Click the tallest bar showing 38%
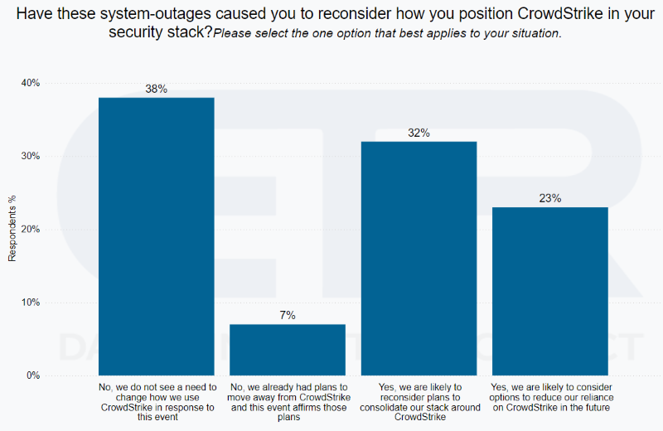[156, 236]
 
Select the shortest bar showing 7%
[288, 349]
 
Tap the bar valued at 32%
[419, 258]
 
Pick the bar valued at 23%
[549, 291]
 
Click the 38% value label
[156, 89]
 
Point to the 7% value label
[288, 315]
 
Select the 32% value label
[419, 133]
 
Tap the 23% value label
[549, 198]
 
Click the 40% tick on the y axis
[30, 83]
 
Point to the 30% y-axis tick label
[30, 156]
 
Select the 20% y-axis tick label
[30, 229]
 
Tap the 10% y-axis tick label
[30, 303]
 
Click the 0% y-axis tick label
[32, 375]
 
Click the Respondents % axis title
[12, 230]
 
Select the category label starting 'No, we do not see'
[156, 402]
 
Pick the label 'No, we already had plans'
[288, 402]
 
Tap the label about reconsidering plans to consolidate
[419, 402]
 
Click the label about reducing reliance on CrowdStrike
[549, 397]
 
